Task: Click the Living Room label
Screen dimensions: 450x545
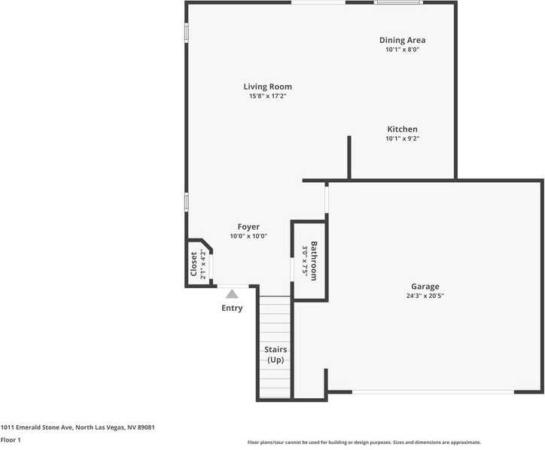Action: pos(267,87)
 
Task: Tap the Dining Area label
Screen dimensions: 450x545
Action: pos(402,40)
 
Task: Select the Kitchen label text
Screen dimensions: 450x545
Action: pos(402,129)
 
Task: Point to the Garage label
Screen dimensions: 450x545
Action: pos(425,286)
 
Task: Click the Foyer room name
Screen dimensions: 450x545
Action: pos(248,227)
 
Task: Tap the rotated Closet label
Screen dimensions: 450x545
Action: pos(193,265)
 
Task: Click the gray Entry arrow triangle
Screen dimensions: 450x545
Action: pos(232,293)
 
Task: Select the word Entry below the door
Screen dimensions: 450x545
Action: pos(232,308)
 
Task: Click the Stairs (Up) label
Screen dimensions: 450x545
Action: pos(275,354)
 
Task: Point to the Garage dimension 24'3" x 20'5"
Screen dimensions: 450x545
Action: pos(425,296)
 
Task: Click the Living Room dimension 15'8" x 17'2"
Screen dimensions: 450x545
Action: pos(267,96)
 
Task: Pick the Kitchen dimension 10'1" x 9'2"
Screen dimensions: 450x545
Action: pos(402,138)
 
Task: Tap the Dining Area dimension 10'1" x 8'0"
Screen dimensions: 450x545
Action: pos(402,50)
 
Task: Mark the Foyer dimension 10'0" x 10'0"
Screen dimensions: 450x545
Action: pos(248,236)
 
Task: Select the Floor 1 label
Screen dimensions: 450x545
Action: pos(11,439)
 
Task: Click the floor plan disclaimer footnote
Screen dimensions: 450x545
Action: pos(364,442)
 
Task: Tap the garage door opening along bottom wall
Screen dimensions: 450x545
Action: pos(434,391)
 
